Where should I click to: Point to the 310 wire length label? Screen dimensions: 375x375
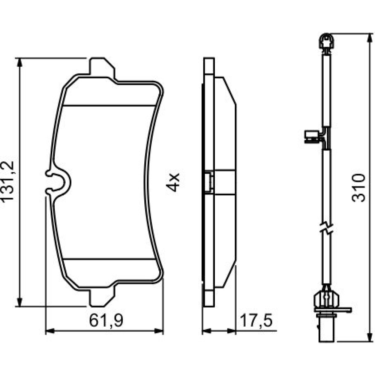[x=359, y=188]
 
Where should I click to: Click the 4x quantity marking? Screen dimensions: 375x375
[x=172, y=183]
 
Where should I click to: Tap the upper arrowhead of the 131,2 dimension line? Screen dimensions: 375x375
[x=20, y=62]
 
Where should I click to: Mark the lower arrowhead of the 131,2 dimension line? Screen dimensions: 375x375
[x=20, y=302]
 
